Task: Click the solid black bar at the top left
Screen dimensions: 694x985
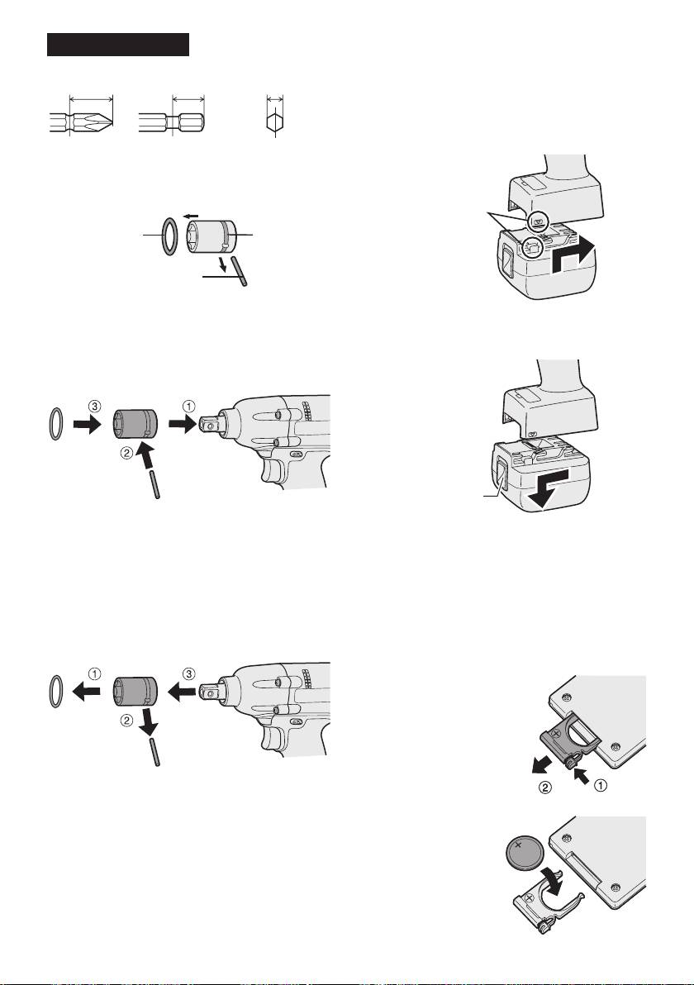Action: [x=118, y=45]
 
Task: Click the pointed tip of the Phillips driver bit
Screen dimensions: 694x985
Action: [x=113, y=121]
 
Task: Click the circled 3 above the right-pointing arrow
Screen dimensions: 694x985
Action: [x=93, y=407]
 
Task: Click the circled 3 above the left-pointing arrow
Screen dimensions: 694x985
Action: [x=188, y=673]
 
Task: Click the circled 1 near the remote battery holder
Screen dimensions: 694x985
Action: [x=601, y=785]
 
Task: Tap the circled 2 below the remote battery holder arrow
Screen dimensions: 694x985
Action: [x=546, y=788]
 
